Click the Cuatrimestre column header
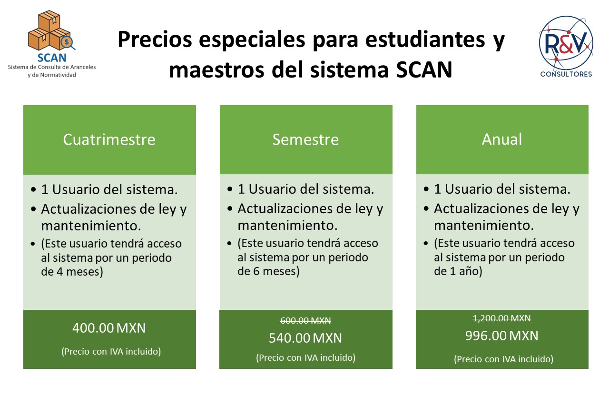(x=109, y=139)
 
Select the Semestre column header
(x=305, y=139)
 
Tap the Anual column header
(x=502, y=139)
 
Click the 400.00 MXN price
(x=109, y=328)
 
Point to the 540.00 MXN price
(x=305, y=338)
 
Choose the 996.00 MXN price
(x=501, y=336)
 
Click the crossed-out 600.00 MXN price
(x=305, y=321)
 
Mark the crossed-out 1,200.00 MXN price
(x=501, y=318)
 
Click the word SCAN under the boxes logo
(x=52, y=58)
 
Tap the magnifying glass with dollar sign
(x=68, y=43)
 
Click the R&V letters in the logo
(x=566, y=43)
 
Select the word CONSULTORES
(x=566, y=74)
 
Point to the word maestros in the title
(x=216, y=70)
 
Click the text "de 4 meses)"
(x=72, y=272)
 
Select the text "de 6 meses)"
(x=268, y=271)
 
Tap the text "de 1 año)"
(x=458, y=271)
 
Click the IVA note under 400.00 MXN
(x=111, y=351)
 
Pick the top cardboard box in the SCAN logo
(x=49, y=21)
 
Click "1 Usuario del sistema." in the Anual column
(x=502, y=189)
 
